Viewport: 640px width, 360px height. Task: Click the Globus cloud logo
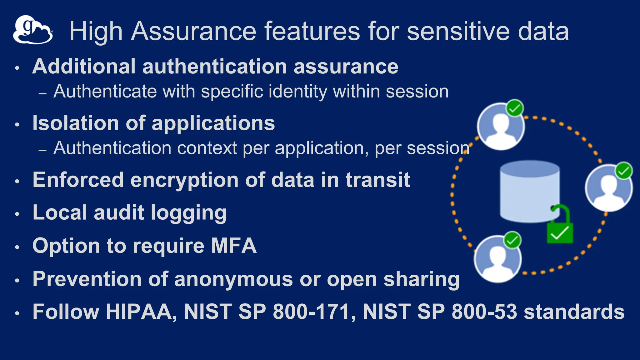pyautogui.click(x=32, y=30)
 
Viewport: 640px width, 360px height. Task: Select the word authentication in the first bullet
pyautogui.click(x=214, y=67)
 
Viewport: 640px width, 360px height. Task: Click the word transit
pyautogui.click(x=377, y=180)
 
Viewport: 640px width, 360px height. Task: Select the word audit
pyautogui.click(x=119, y=213)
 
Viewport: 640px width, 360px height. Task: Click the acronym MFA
pyautogui.click(x=234, y=246)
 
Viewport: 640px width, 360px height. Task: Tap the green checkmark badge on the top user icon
pyautogui.click(x=514, y=108)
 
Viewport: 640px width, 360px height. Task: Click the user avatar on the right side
pyautogui.click(x=608, y=188)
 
